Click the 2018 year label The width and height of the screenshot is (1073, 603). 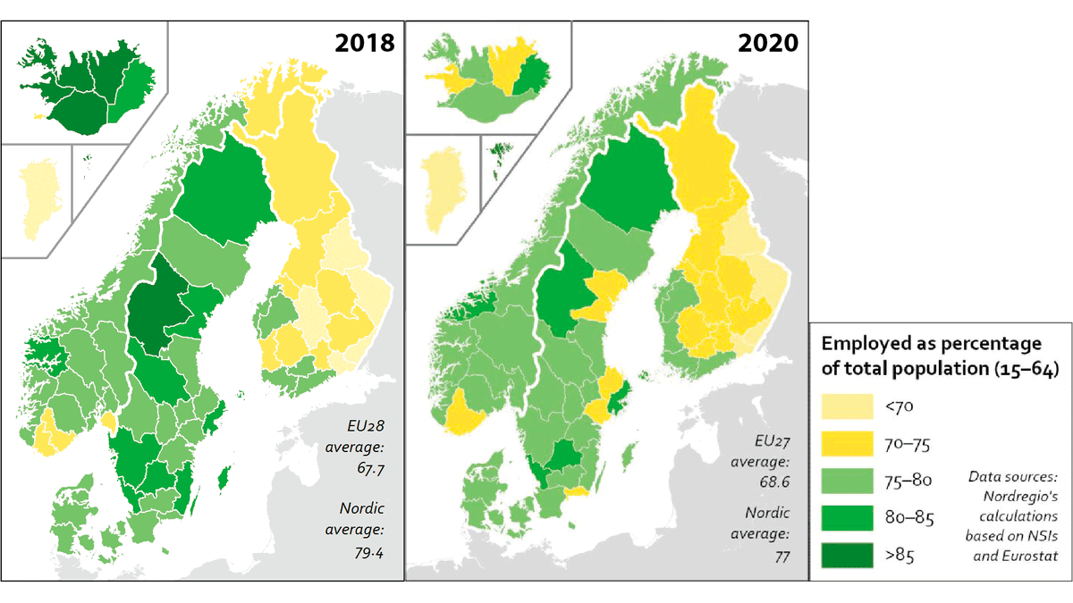(364, 42)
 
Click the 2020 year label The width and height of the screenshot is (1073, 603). (767, 42)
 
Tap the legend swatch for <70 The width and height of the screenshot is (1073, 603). (845, 405)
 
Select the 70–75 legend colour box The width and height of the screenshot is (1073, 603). (845, 442)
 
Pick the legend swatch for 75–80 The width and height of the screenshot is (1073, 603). (845, 480)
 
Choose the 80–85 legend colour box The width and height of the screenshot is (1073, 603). (845, 517)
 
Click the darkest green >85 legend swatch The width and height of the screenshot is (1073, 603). (845, 556)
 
